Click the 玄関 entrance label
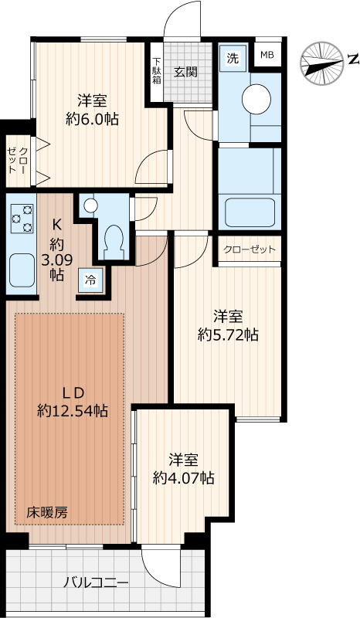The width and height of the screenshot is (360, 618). (185, 72)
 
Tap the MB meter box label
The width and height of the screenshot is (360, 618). (267, 54)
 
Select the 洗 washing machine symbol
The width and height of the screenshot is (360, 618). (232, 57)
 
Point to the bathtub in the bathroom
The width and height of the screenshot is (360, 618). (248, 210)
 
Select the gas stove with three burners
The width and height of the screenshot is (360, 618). (21, 218)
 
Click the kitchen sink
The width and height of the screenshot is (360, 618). (22, 271)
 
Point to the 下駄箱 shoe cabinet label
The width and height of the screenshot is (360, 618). (156, 70)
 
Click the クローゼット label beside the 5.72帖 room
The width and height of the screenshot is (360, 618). (249, 250)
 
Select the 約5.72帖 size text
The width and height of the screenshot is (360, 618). (228, 334)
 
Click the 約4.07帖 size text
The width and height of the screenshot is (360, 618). (184, 478)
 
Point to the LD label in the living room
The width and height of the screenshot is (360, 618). (67, 390)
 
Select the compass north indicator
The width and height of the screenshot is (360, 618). (322, 59)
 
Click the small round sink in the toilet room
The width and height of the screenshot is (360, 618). (90, 205)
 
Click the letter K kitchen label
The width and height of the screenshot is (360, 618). (56, 226)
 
